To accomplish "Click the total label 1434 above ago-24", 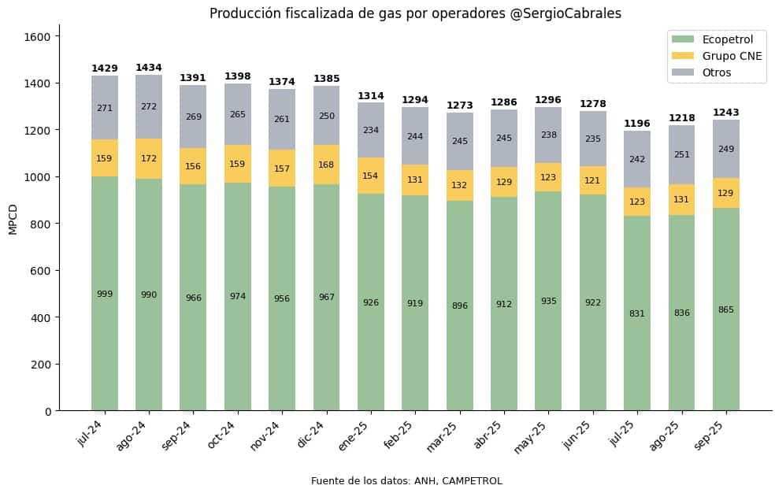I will (x=149, y=68).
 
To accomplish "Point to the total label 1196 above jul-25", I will (x=637, y=124).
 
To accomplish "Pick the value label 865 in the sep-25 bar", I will (x=725, y=310).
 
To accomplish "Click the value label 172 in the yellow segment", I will (x=149, y=159).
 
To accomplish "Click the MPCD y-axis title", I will (x=13, y=218).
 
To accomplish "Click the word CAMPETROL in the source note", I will (x=473, y=481).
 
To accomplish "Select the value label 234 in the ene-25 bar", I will (x=371, y=131).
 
